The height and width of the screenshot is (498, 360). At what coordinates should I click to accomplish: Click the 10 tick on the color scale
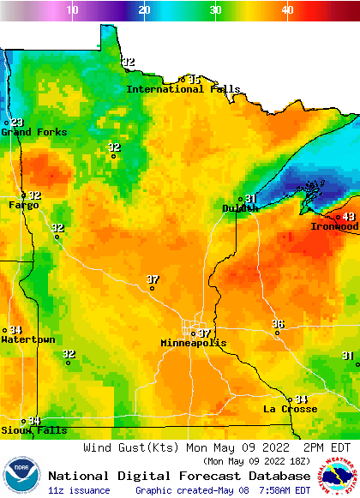click(73, 9)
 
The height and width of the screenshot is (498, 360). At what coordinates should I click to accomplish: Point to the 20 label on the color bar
click(145, 9)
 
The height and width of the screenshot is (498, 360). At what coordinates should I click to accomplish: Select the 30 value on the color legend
click(216, 9)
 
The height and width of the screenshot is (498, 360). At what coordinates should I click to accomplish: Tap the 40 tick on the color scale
click(287, 9)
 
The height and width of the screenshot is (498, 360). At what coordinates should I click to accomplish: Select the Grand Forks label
click(28, 132)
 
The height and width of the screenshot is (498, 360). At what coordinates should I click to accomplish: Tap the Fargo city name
click(23, 205)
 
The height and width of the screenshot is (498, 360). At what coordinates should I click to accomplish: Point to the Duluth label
click(240, 208)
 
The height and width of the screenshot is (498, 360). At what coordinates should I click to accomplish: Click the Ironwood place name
click(333, 226)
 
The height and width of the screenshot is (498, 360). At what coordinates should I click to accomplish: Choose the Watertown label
click(28, 339)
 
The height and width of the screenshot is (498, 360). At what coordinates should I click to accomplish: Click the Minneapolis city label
click(194, 343)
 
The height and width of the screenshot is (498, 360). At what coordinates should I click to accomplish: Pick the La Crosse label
click(290, 409)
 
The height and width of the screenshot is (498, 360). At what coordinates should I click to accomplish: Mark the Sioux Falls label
click(33, 430)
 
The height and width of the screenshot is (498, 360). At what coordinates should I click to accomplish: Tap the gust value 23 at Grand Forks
click(16, 123)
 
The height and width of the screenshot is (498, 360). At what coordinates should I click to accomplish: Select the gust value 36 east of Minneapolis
click(278, 324)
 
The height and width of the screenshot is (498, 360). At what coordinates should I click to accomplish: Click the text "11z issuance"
click(79, 490)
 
